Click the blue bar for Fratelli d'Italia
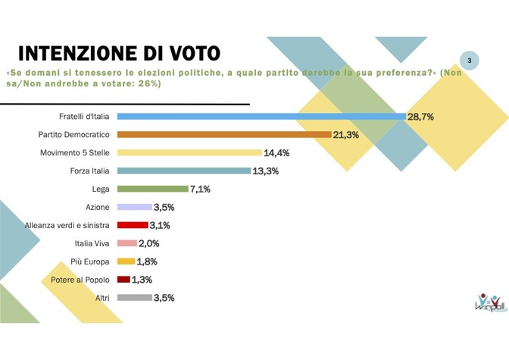pos(261,116)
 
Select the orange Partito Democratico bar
pos(224,134)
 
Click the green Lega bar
pos(152,189)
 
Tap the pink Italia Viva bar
pos(127,243)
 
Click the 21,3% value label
pos(346,134)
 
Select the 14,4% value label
pos(277,152)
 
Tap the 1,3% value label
pos(142,280)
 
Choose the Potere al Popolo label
pos(83,280)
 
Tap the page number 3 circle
pos(470,60)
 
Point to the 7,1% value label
pos(201,189)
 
